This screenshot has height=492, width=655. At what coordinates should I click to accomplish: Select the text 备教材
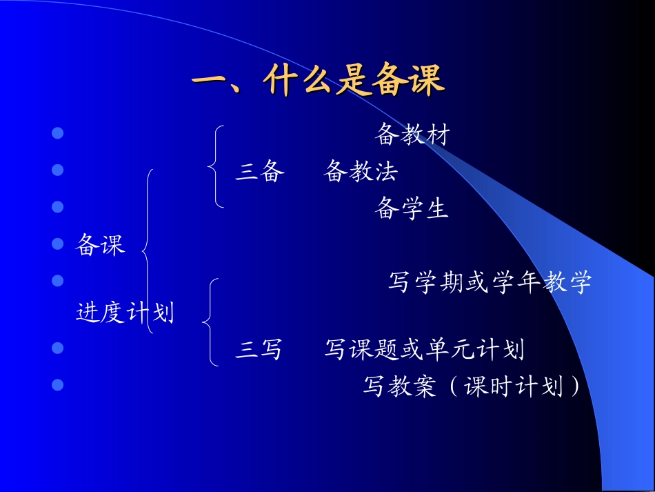pyautogui.click(x=412, y=135)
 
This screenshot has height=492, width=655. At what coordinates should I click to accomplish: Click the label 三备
pyautogui.click(x=260, y=171)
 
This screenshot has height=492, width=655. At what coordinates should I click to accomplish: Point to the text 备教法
pyautogui.click(x=360, y=171)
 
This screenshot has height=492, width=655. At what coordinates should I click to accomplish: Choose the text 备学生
pyautogui.click(x=412, y=208)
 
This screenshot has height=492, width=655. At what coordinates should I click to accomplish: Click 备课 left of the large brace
pyautogui.click(x=100, y=244)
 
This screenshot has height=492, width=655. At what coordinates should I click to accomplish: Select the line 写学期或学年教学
pyautogui.click(x=490, y=282)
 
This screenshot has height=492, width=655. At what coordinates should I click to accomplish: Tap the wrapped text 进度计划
pyautogui.click(x=125, y=313)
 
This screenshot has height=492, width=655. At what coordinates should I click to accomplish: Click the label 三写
pyautogui.click(x=259, y=350)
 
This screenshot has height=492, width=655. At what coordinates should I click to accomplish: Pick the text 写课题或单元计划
pyautogui.click(x=424, y=350)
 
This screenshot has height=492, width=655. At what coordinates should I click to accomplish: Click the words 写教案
pyautogui.click(x=400, y=387)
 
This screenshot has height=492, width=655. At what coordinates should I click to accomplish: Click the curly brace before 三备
pyautogui.click(x=214, y=166)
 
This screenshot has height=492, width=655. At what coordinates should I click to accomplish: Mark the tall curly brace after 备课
pyautogui.click(x=148, y=251)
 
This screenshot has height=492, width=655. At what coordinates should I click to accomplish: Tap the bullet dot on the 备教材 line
pyautogui.click(x=58, y=132)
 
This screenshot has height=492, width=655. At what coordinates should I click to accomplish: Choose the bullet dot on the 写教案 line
pyautogui.click(x=58, y=384)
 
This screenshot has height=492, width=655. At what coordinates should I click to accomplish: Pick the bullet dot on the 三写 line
pyautogui.click(x=58, y=347)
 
